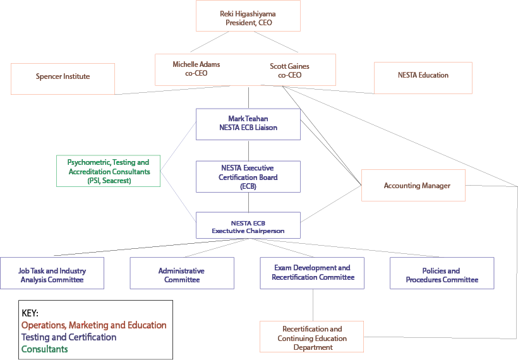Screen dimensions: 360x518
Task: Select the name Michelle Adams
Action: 196,64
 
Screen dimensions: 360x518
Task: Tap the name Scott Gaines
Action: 289,66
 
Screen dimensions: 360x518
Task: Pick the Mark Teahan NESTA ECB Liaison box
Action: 248,123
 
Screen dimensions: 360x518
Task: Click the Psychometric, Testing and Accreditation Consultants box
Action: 108,171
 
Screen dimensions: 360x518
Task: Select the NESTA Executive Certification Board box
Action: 248,176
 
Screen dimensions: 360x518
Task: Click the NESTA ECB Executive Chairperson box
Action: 248,226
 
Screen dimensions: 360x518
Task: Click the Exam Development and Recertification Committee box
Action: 312,273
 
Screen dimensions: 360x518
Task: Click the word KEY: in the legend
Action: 30,313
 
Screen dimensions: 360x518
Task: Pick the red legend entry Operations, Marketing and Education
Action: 93,325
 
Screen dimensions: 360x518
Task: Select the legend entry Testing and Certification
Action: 68,337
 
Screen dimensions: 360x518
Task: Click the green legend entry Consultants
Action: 44,349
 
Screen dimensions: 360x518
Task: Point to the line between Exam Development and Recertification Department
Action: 313,305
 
